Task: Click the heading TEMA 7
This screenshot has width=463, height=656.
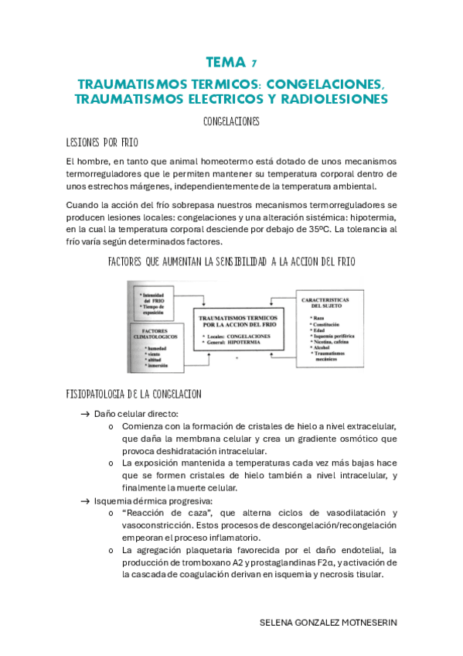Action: click(231, 62)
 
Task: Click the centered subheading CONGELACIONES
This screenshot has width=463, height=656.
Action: click(231, 122)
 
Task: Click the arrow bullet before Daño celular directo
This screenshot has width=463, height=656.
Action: click(85, 414)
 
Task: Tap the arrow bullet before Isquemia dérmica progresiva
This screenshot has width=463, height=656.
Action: click(85, 501)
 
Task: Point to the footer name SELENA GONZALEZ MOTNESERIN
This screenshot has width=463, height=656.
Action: click(329, 622)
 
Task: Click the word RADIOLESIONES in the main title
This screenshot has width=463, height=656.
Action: click(337, 99)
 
